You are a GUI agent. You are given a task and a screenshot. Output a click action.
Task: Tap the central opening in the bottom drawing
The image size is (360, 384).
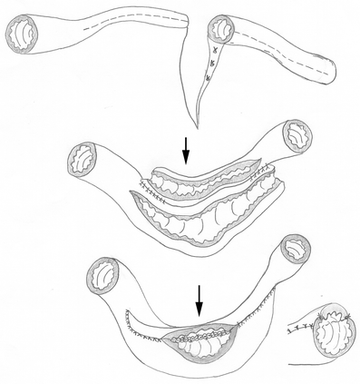[199, 342]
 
